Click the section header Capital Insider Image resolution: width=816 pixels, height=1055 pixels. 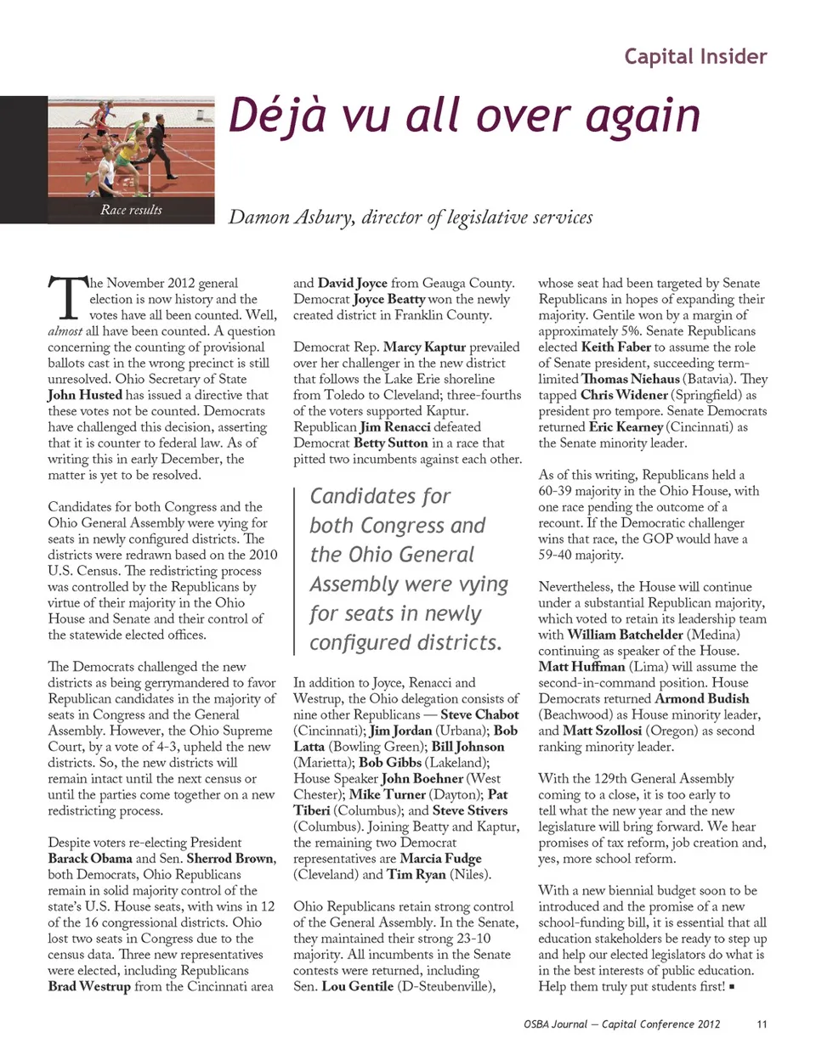[x=695, y=57]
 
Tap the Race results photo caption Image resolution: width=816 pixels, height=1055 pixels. [x=131, y=210]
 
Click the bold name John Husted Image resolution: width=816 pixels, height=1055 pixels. [x=85, y=395]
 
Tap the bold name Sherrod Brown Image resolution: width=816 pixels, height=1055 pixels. [x=231, y=858]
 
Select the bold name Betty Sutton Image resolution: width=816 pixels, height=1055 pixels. [x=390, y=443]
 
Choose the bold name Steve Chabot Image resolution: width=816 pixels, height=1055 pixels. [x=479, y=714]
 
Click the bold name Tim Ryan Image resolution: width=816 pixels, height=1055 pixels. [x=417, y=874]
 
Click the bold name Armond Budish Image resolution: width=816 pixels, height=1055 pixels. [x=702, y=698]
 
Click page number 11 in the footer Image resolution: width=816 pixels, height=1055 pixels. [x=761, y=1024]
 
